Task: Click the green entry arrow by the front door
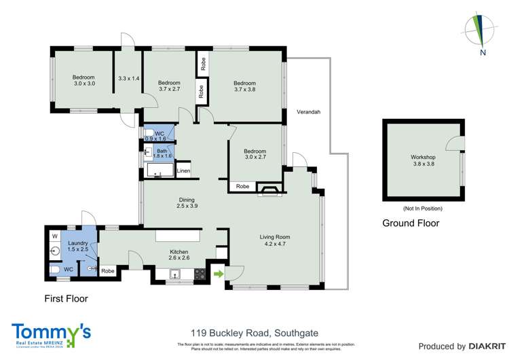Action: tap(219, 274)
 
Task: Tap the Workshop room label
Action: tap(423, 158)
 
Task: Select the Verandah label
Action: tap(308, 112)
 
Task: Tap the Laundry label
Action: tap(78, 242)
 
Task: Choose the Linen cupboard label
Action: tap(183, 170)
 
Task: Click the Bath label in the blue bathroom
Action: tap(162, 151)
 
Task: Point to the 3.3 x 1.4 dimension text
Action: tap(128, 79)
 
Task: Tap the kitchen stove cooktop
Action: tap(201, 275)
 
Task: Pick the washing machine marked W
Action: tap(56, 236)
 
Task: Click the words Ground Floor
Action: tap(411, 223)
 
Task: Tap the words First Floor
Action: tap(66, 298)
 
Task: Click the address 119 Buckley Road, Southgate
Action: tap(255, 333)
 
